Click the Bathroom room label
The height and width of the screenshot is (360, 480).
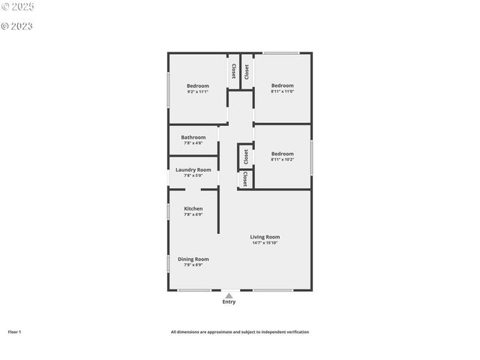(193, 137)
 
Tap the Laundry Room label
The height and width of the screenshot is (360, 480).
(193, 169)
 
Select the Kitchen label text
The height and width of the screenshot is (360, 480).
(193, 208)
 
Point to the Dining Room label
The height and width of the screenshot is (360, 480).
(193, 259)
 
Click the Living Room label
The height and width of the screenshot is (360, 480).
(265, 237)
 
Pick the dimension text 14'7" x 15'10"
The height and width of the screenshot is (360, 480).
(265, 243)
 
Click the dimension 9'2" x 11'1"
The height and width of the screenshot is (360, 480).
(198, 92)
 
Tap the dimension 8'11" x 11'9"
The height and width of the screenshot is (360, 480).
(282, 92)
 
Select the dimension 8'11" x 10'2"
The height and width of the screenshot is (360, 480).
(282, 160)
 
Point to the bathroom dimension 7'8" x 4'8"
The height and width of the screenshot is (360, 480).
(193, 143)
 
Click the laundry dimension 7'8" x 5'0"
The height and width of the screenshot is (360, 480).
(193, 175)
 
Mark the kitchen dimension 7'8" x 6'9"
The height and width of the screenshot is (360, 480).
(193, 214)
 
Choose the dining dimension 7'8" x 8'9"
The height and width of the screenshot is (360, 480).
(193, 265)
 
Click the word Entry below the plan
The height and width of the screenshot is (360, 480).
(229, 302)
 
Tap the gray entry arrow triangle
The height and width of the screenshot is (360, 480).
(229, 295)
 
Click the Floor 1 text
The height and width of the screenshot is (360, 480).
(15, 331)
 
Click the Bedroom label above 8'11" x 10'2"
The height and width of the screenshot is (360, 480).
(282, 154)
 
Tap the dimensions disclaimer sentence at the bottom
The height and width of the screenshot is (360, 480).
(239, 331)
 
